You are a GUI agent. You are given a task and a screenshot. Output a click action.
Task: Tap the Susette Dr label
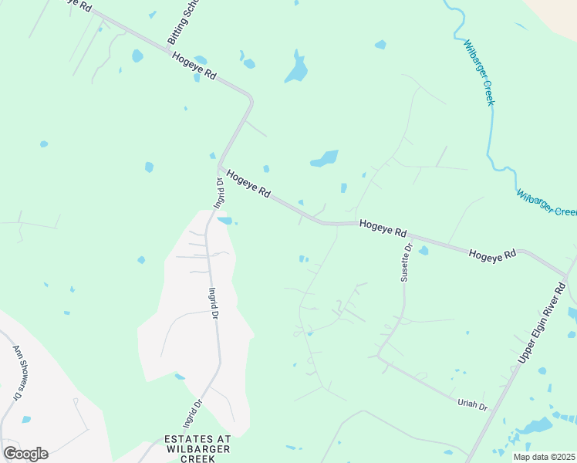(406, 263)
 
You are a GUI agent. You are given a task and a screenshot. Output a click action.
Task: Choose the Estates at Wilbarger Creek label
(197, 448)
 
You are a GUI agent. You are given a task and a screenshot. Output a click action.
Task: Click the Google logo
(25, 454)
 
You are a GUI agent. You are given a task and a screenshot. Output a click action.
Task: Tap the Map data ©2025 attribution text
(544, 457)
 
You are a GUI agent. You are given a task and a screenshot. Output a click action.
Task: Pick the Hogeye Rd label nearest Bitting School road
(194, 68)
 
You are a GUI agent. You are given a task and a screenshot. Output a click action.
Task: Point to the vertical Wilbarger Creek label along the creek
(478, 73)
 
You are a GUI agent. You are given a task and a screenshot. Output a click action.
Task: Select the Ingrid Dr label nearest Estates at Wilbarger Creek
(192, 413)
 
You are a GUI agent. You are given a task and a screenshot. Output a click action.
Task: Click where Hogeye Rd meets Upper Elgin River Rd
(567, 275)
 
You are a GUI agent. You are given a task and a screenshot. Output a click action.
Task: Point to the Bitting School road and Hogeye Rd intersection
(169, 50)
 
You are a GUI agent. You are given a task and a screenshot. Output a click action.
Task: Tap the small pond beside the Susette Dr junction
(423, 250)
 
